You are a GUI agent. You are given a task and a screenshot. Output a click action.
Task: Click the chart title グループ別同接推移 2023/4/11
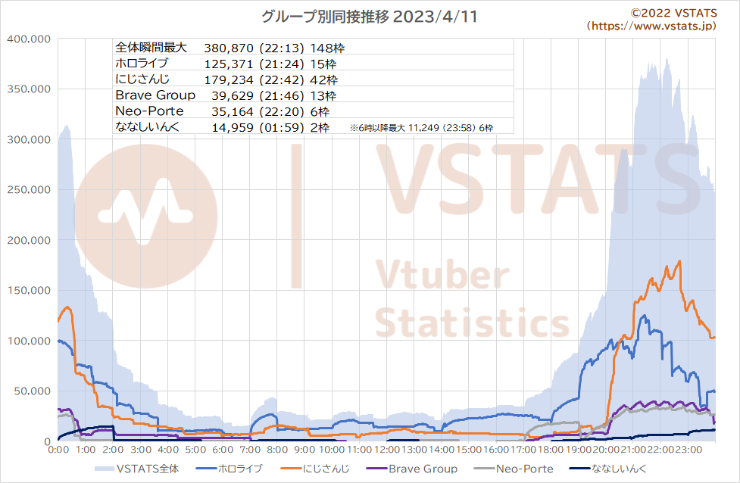tap(369, 17)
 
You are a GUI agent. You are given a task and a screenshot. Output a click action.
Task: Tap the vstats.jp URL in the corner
tap(651, 26)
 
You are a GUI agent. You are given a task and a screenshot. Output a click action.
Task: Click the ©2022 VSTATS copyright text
tap(674, 13)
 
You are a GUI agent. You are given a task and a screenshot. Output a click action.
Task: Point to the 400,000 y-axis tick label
tap(29, 39)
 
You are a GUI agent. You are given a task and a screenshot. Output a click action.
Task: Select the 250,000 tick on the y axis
tap(29, 189)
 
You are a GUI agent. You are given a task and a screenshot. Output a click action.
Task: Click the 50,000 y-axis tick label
tap(32, 391)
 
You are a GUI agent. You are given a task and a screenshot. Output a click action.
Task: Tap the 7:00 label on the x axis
tap(250, 450)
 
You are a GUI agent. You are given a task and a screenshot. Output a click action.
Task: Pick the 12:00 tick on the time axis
tap(386, 450)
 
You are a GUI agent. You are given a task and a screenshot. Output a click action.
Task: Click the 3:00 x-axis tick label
tap(141, 450)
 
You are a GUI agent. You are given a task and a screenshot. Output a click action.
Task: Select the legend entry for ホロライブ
tap(229, 469)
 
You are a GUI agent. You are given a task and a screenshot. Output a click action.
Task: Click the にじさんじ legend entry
tap(315, 469)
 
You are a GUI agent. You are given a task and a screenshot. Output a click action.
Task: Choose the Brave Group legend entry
tap(411, 469)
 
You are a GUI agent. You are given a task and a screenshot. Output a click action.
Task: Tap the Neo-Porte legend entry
tap(513, 469)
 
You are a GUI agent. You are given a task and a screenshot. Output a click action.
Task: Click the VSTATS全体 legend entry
tap(137, 469)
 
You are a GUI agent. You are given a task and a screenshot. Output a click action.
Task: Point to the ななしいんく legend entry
tap(608, 469)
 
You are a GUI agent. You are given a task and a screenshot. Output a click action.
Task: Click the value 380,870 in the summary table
tap(229, 48)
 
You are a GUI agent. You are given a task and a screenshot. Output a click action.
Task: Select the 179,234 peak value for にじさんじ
tap(229, 79)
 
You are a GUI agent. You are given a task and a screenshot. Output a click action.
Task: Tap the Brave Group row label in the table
tap(155, 95)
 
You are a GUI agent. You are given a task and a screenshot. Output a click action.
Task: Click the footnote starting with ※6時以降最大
tap(421, 128)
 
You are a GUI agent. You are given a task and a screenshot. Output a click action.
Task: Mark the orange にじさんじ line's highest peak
tap(679, 261)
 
